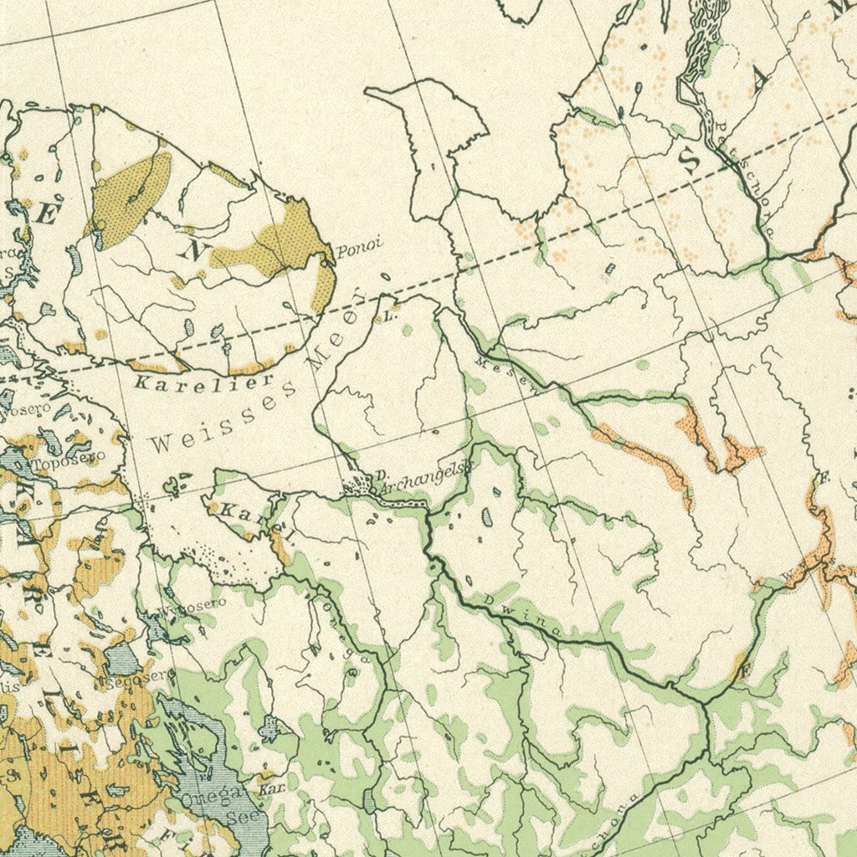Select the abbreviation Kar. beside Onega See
[269, 788]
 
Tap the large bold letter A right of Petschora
[759, 80]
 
